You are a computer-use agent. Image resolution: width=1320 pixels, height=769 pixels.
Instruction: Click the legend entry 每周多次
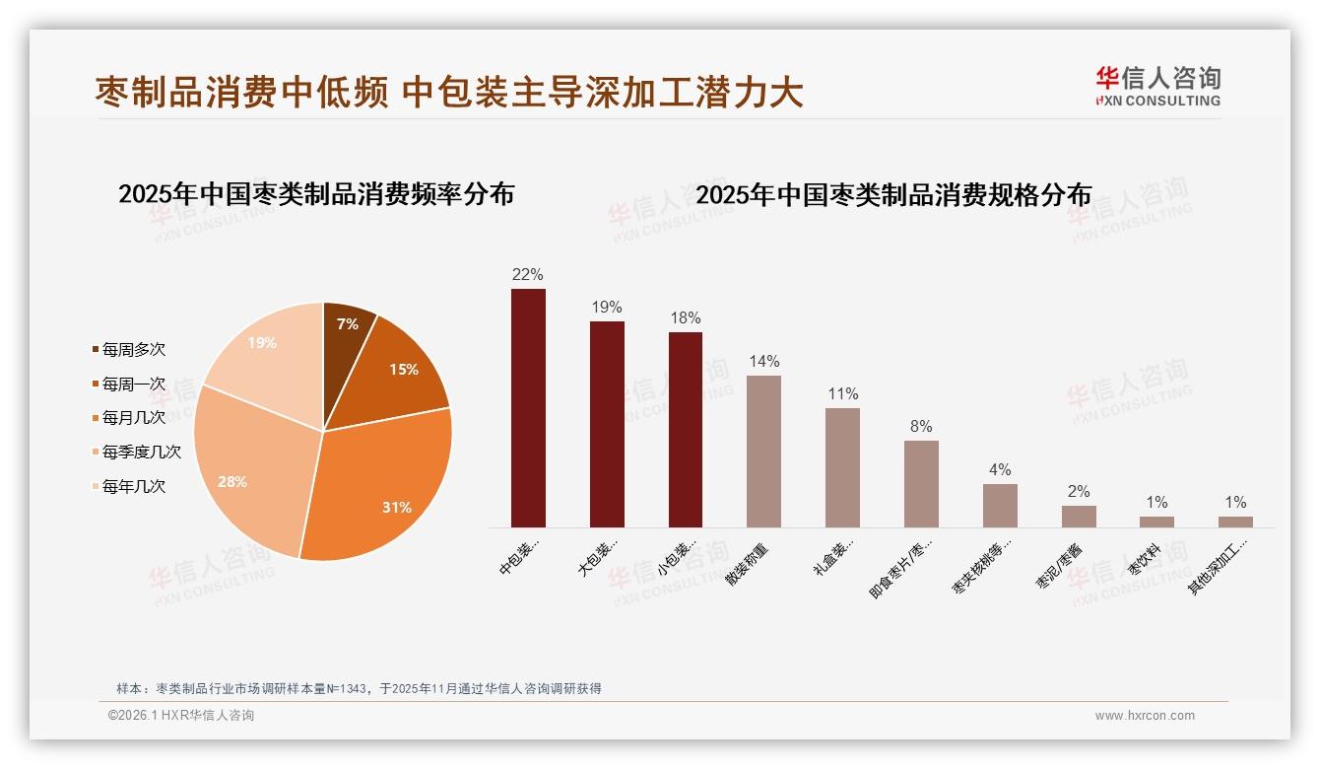click(133, 349)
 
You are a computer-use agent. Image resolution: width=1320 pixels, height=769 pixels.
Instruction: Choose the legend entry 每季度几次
click(141, 452)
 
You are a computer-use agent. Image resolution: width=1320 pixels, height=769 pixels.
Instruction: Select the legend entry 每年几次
click(133, 486)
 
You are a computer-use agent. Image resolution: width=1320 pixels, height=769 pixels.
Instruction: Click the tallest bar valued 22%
click(528, 408)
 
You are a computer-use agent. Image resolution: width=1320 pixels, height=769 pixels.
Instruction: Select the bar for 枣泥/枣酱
click(1079, 517)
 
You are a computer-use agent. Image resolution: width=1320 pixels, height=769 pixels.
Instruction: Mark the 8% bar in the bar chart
click(921, 484)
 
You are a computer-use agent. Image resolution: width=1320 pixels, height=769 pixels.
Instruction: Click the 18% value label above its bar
click(686, 318)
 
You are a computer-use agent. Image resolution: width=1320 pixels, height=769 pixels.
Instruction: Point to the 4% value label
click(1000, 470)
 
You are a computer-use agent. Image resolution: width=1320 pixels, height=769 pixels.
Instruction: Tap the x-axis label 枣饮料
click(1145, 560)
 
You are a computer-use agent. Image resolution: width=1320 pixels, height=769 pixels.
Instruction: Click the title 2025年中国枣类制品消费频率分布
click(316, 194)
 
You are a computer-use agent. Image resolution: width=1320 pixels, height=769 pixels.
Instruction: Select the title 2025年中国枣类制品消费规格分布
click(893, 195)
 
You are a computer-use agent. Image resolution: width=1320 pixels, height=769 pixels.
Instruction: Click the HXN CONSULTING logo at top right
click(1157, 87)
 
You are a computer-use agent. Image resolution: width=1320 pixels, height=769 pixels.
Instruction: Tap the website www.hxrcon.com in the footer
click(1145, 716)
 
